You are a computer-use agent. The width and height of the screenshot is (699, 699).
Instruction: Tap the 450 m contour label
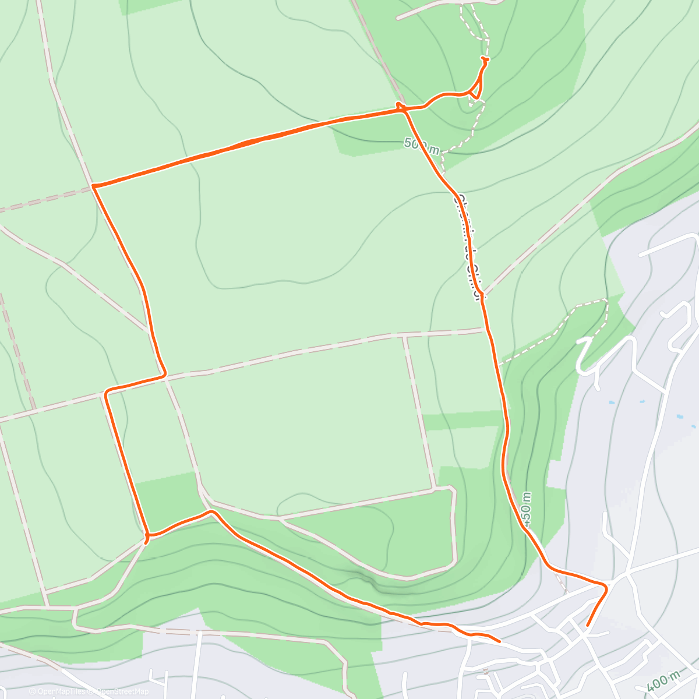527,509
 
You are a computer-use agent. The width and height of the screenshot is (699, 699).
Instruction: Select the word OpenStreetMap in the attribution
122,691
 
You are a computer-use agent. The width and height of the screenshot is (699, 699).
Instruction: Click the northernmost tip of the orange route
485,59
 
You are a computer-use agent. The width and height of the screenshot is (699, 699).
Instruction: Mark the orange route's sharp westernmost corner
93,186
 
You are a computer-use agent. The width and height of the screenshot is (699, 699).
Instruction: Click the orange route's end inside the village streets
587,626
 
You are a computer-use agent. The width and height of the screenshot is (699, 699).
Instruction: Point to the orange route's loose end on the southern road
499,641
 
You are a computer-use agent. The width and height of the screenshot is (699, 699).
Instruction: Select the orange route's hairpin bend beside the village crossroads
605,587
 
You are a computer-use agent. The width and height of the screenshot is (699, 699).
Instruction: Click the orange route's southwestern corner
147,535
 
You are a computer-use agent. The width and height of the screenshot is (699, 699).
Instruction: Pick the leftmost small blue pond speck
610,403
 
